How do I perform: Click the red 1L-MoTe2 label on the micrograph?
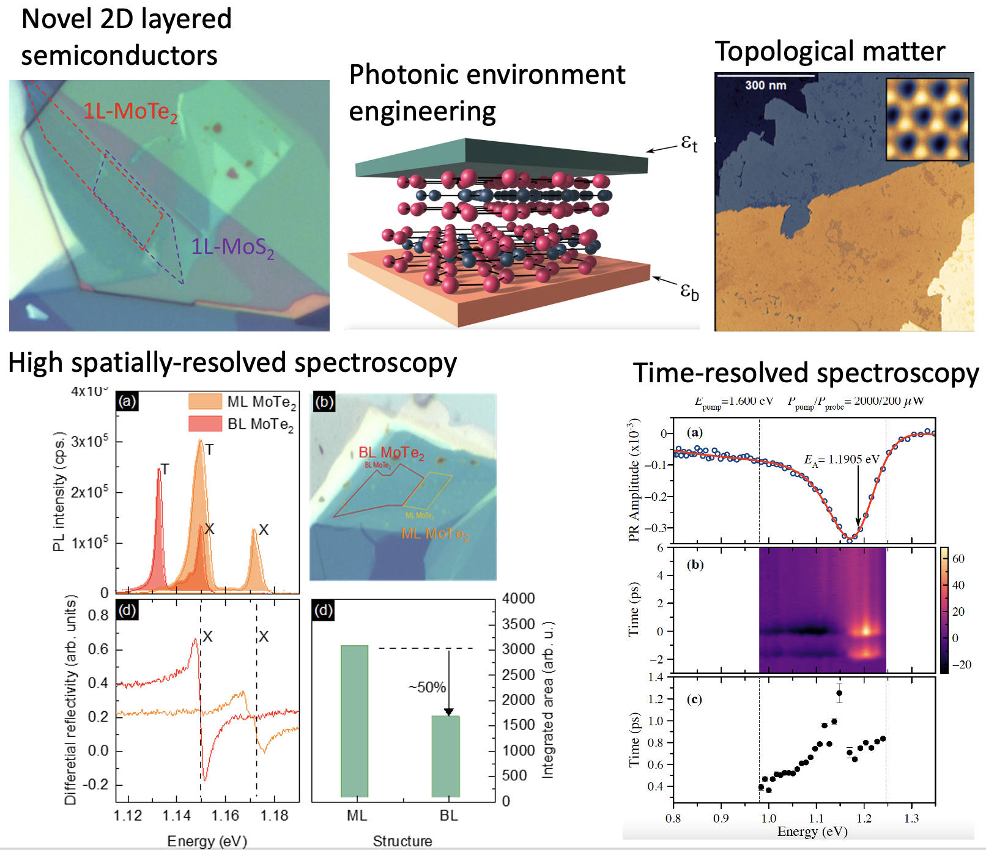pyautogui.click(x=130, y=112)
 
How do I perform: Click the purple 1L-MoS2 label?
pyautogui.click(x=232, y=247)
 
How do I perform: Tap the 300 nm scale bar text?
pyautogui.click(x=765, y=85)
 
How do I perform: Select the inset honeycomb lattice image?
pyautogui.click(x=927, y=119)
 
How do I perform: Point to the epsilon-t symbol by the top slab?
pyautogui.click(x=689, y=144)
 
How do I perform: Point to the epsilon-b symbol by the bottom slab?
pyautogui.click(x=689, y=290)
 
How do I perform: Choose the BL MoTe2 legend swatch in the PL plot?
pyautogui.click(x=205, y=424)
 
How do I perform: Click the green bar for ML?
pyautogui.click(x=354, y=721)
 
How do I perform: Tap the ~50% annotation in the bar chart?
pyautogui.click(x=427, y=687)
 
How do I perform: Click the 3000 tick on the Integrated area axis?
pyautogui.click(x=518, y=649)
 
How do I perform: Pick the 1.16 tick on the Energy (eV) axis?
pyautogui.click(x=225, y=816)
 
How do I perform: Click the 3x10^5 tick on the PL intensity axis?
pyautogui.click(x=89, y=442)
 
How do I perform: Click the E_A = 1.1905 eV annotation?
pyautogui.click(x=842, y=460)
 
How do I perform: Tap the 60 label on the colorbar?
pyautogui.click(x=958, y=558)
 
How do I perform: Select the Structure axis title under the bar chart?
pyautogui.click(x=402, y=841)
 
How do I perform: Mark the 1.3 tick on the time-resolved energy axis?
pyautogui.click(x=911, y=818)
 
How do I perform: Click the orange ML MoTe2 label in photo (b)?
pyautogui.click(x=434, y=534)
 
